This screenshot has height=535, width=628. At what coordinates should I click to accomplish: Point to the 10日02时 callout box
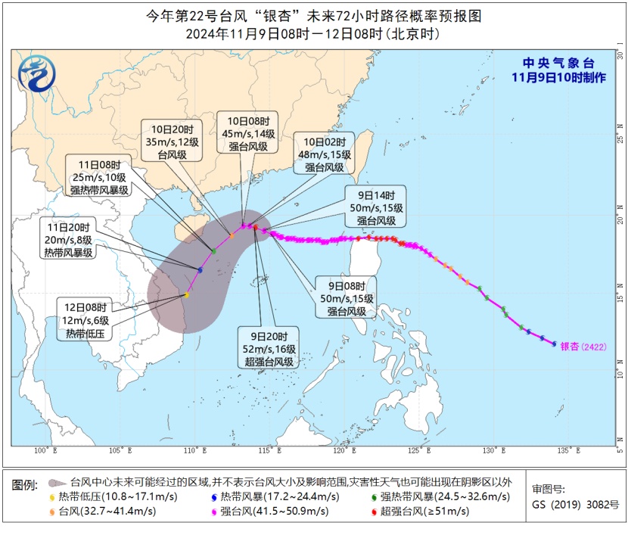click(x=326, y=155)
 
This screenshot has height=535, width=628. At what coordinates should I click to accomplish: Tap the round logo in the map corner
click(x=37, y=75)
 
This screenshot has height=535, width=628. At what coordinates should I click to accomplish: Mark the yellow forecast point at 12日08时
click(x=186, y=295)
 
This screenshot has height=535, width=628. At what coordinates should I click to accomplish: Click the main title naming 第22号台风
click(x=313, y=16)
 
